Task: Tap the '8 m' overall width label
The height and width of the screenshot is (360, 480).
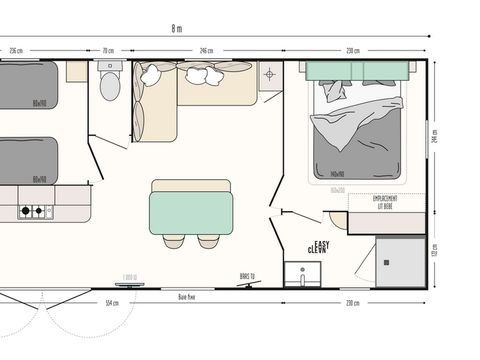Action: pyautogui.click(x=177, y=29)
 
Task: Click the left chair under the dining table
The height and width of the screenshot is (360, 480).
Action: pyautogui.click(x=174, y=241)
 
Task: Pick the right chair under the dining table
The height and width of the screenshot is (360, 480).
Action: pyautogui.click(x=208, y=241)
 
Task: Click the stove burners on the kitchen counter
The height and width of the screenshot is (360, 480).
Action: pyautogui.click(x=34, y=211)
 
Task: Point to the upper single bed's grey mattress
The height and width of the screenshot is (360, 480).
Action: pyautogui.click(x=28, y=85)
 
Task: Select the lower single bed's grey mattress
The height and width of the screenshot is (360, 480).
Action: pyautogui.click(x=28, y=162)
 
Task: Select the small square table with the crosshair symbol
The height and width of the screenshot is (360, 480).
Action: pyautogui.click(x=269, y=75)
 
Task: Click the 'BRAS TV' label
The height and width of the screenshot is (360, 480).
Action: pyautogui.click(x=245, y=275)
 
